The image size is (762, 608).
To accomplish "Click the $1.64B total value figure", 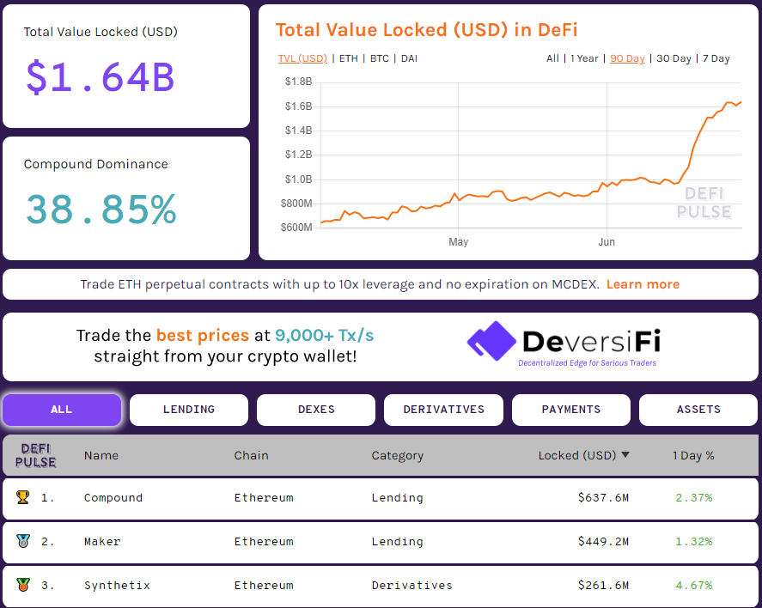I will (101, 77).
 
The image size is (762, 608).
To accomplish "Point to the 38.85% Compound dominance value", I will (101, 210).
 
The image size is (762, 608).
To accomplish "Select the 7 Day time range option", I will (716, 58).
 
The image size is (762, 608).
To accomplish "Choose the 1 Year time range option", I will (584, 58).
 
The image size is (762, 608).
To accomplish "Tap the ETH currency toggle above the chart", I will (348, 58).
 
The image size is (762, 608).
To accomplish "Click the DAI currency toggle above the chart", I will (409, 58).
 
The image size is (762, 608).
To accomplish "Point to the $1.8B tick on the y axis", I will (298, 82).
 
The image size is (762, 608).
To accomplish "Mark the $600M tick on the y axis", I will (296, 228).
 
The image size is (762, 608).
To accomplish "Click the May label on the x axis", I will (458, 242).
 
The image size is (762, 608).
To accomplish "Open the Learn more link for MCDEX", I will (643, 284).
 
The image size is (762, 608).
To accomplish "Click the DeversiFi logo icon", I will (491, 342).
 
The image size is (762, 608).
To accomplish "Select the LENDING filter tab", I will (189, 410).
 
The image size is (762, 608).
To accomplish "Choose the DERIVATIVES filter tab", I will (443, 410).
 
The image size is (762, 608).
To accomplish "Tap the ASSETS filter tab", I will (698, 410).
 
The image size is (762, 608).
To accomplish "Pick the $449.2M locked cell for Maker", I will (603, 542).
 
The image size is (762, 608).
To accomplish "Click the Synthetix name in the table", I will (117, 586).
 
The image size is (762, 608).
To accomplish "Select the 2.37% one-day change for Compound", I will (694, 498).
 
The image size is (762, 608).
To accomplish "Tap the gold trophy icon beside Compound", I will (23, 497).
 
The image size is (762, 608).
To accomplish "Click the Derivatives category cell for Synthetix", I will (411, 586).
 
